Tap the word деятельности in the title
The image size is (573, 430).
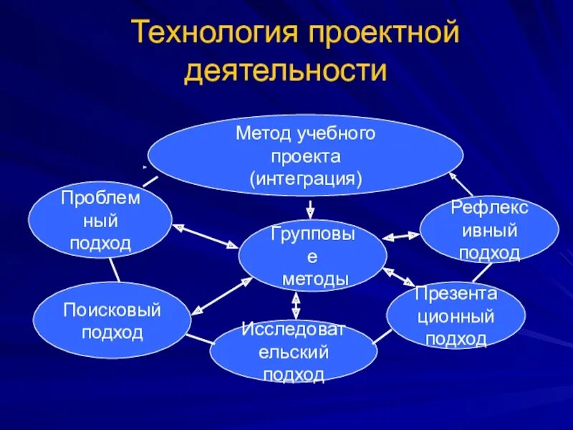(286, 72)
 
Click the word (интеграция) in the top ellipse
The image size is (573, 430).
(306, 177)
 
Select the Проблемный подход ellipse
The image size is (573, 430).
(100, 219)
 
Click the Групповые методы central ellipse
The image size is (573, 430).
(313, 256)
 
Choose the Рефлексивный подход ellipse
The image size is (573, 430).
(489, 230)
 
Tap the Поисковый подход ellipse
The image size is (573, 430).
(112, 320)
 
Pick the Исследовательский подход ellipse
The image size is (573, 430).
(294, 351)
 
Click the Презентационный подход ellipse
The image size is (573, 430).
(456, 315)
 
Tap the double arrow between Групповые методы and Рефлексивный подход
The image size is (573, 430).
(402, 235)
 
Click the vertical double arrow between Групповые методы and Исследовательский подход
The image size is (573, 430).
(296, 305)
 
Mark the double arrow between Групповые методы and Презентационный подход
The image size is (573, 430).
(399, 277)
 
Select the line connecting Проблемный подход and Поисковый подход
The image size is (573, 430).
(115, 269)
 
